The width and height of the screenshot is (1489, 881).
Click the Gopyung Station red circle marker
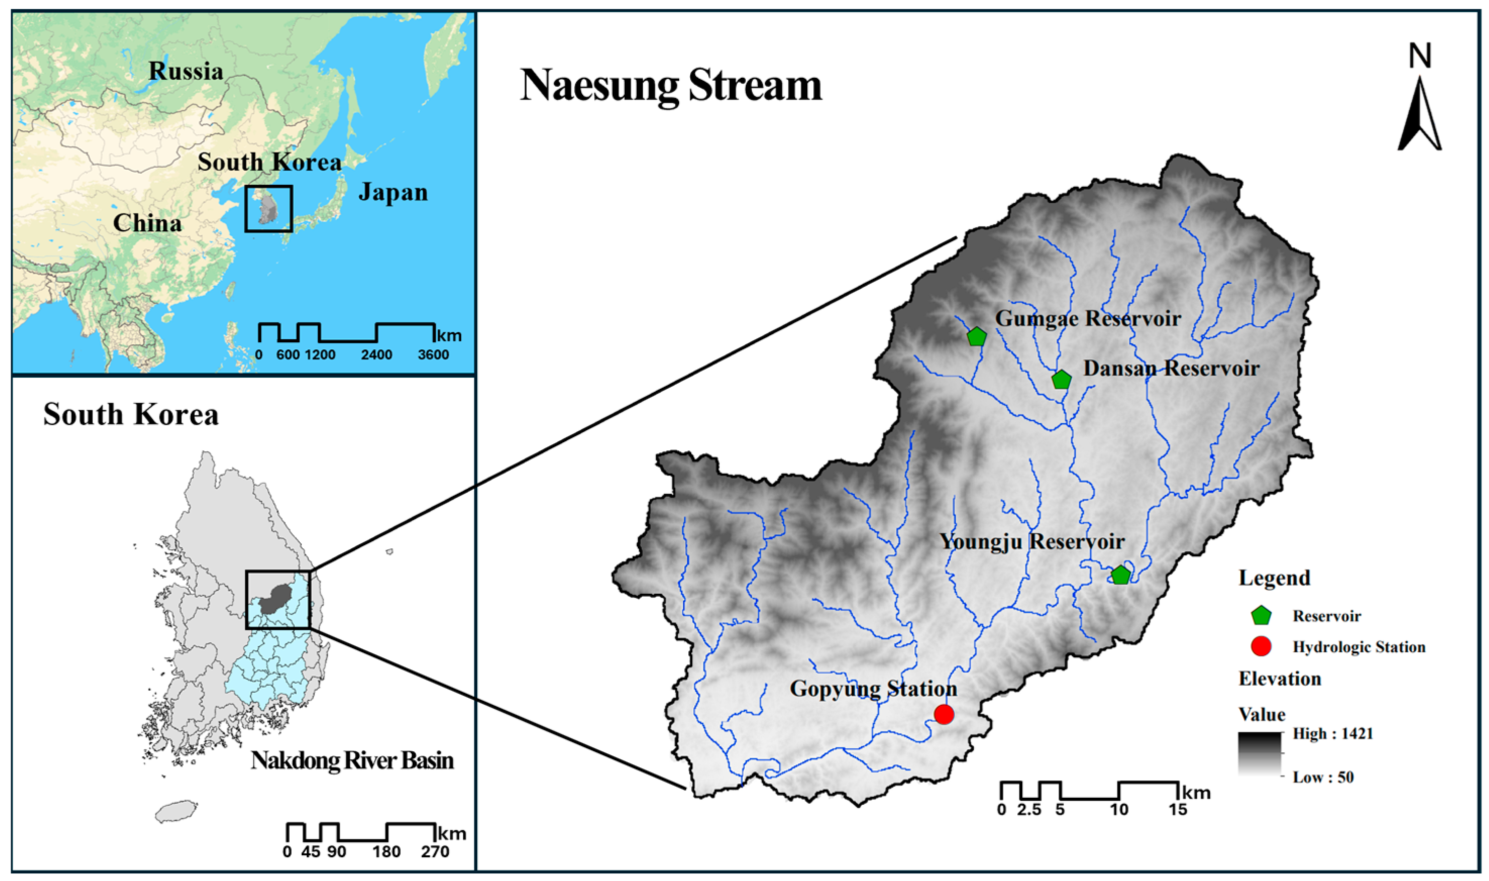[x=943, y=713]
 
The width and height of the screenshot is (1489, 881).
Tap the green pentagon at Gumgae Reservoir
[x=976, y=337]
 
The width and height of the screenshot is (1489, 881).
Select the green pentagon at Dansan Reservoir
[x=1061, y=379]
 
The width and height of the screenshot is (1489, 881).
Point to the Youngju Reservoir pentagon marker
[x=1120, y=575]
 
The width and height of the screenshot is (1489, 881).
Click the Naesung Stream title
[x=671, y=85]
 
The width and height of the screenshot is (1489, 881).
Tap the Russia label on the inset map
[x=186, y=71]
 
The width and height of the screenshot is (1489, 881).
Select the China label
[x=147, y=223]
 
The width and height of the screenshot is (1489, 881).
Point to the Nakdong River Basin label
[x=352, y=760]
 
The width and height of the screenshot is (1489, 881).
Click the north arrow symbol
[x=1419, y=113]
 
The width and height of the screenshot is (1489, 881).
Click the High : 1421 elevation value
[x=1333, y=734]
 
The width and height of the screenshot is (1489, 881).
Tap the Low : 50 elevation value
[x=1323, y=777]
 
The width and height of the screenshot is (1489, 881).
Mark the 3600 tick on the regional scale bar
[x=433, y=355]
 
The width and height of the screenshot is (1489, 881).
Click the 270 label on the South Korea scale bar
[x=435, y=852]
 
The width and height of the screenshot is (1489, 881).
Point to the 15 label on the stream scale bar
[x=1178, y=810]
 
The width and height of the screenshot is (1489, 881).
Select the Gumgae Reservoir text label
[x=1087, y=319]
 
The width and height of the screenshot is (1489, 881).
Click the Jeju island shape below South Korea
[x=176, y=811]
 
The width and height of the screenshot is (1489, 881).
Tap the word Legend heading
[x=1274, y=578]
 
